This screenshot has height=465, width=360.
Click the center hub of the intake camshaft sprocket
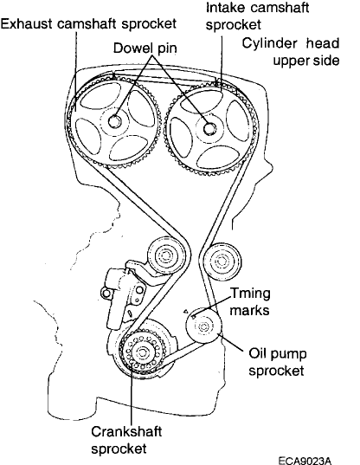tap(210, 130)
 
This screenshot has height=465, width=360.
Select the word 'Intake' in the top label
tap(225, 8)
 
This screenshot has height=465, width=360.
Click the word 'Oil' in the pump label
tap(259, 353)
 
